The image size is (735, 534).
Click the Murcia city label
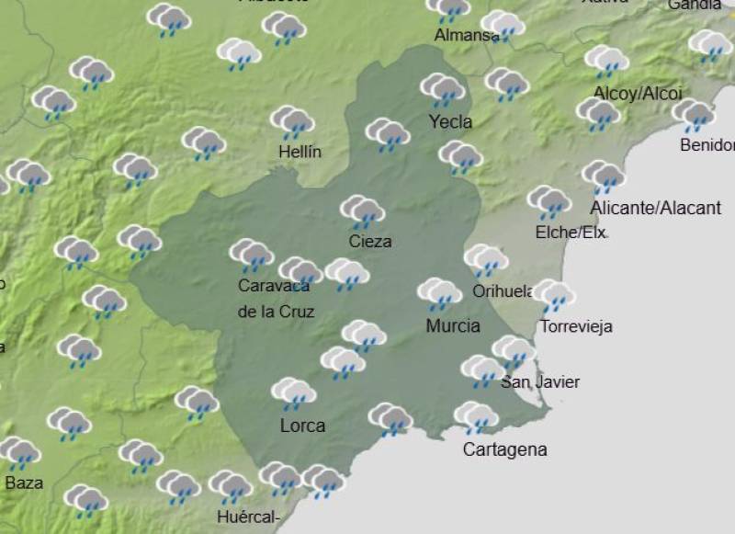pos(453,326)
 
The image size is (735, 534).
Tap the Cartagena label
pos(504,449)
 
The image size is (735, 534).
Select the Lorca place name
pos(302,426)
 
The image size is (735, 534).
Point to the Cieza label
pos(370,242)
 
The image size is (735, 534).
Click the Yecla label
pos(450,121)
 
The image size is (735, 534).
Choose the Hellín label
pos(299,152)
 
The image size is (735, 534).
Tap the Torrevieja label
pos(576,326)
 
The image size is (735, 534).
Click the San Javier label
pos(540,382)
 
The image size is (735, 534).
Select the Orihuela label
pos(503,291)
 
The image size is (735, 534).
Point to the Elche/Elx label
pos(571,233)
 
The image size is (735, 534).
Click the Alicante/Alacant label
pos(655,208)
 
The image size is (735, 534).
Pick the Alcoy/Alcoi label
pos(638,93)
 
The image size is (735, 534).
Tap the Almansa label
pos(466,36)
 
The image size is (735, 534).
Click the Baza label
pos(24,482)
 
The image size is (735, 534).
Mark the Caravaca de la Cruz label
pos(276,299)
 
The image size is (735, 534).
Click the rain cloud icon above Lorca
pos(294,394)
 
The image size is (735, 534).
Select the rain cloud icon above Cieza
pos(363,211)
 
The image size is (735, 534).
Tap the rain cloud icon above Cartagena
pos(476,418)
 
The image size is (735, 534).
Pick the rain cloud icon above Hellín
pos(293,122)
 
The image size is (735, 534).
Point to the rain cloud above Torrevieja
pos(554,296)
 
